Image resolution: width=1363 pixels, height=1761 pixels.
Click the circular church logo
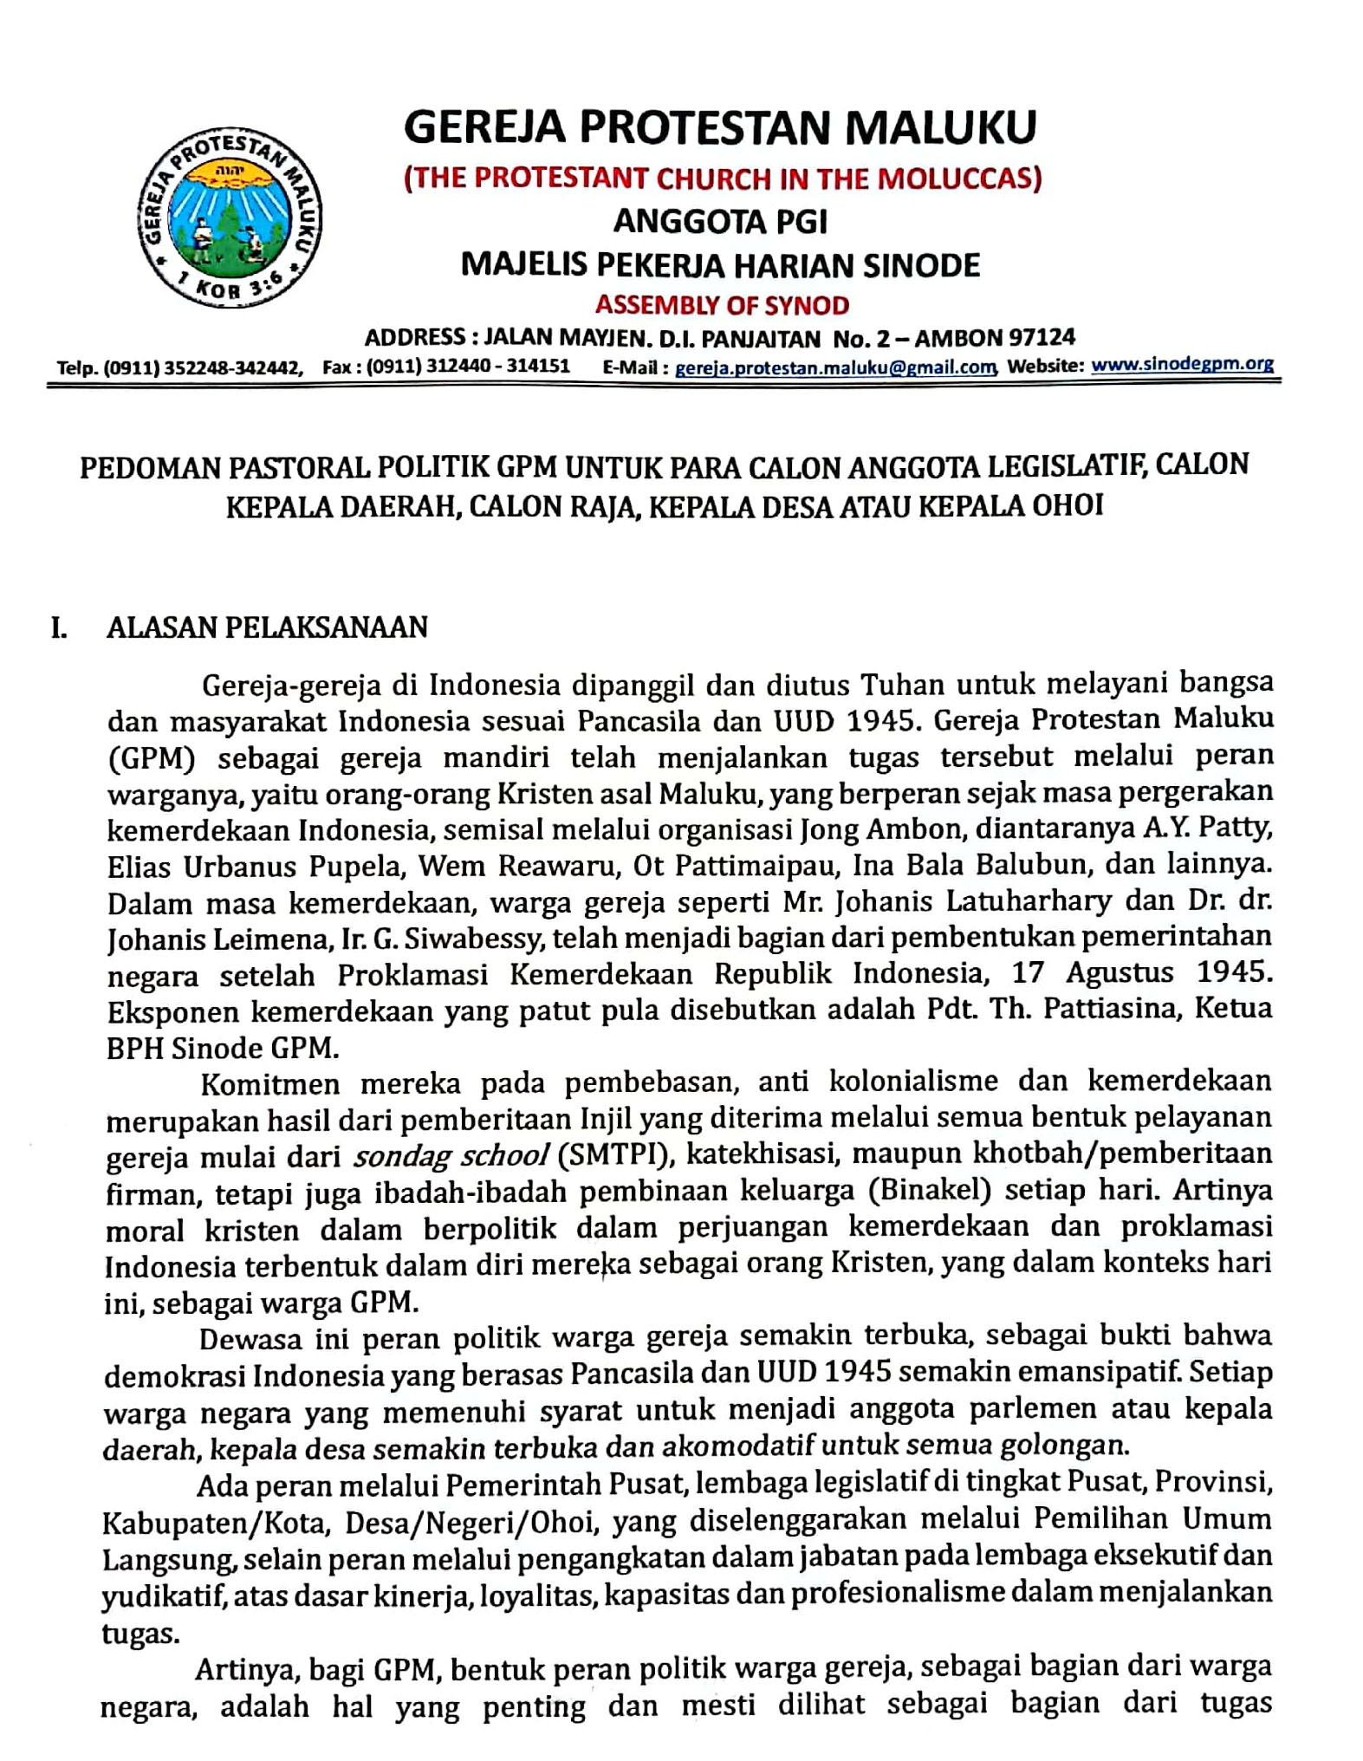[229, 221]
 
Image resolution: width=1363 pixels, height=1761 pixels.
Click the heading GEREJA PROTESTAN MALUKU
[720, 127]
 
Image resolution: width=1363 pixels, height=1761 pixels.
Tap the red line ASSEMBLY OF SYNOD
[721, 305]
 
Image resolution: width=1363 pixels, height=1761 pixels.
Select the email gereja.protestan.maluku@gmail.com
[834, 367]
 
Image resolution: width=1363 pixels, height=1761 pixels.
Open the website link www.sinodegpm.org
[1182, 365]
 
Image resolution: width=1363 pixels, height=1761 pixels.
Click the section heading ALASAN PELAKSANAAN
[267, 627]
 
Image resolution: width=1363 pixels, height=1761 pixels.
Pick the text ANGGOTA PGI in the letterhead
[720, 222]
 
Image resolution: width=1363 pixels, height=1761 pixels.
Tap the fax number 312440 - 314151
[496, 367]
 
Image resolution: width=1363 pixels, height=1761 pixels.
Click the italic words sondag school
[450, 1155]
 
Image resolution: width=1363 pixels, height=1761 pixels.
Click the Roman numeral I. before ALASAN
[59, 627]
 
